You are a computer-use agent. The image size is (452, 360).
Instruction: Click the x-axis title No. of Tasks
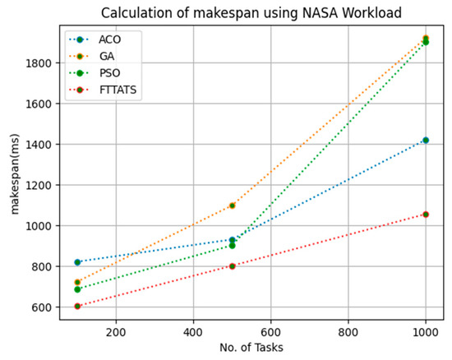tap(251, 347)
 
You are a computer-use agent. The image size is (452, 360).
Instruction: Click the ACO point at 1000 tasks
tap(426, 140)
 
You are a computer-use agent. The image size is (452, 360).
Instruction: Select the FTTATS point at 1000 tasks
tap(426, 214)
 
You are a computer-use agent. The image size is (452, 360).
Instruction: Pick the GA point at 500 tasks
tap(233, 205)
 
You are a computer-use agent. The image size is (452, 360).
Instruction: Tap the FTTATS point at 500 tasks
tap(233, 266)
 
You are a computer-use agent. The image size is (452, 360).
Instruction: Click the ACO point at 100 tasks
tap(77, 262)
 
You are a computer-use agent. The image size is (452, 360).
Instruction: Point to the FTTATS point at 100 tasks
tap(77, 307)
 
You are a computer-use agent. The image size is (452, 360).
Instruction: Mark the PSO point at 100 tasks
tap(77, 289)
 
